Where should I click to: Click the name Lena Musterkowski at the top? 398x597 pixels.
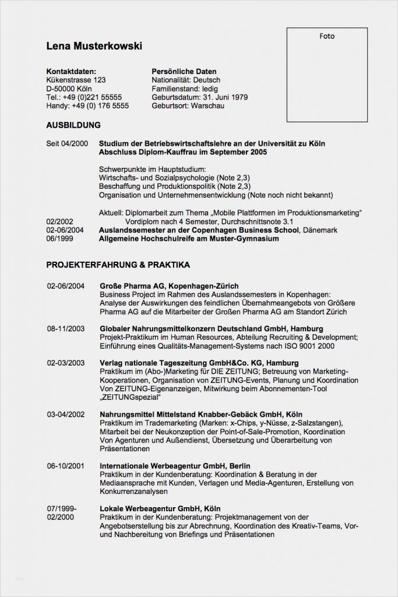click(x=94, y=46)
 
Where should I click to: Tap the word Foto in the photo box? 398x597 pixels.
click(x=327, y=36)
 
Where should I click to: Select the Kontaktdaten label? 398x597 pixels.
click(x=71, y=71)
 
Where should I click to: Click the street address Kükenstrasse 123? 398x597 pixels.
click(x=76, y=80)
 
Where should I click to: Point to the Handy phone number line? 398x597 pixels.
click(x=87, y=106)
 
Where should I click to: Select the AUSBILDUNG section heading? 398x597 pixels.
click(x=73, y=125)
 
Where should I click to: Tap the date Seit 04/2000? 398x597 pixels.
click(x=67, y=143)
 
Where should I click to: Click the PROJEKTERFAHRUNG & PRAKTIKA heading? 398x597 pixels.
click(x=118, y=265)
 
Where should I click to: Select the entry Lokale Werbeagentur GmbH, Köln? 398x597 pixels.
click(x=160, y=508)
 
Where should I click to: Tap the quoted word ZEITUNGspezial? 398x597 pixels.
click(x=131, y=397)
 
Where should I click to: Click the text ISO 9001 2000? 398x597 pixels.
click(x=302, y=346)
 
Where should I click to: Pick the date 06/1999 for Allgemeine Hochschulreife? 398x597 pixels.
click(x=59, y=239)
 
